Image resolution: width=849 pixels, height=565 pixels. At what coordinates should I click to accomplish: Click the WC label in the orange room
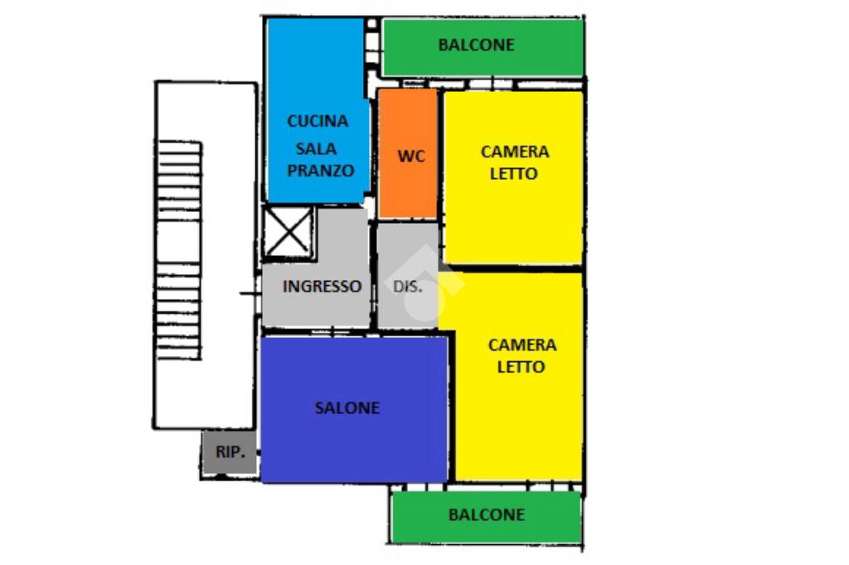pos(411,156)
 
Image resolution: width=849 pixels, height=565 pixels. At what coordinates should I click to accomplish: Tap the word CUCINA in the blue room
pos(318,121)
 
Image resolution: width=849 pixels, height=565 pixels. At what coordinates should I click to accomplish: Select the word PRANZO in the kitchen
pos(321,171)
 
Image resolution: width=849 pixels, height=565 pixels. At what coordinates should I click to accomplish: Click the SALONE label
pos(347,408)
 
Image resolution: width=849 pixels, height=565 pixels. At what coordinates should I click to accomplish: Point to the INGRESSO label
pos(322,287)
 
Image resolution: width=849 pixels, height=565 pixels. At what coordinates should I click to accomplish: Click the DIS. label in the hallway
pos(407,287)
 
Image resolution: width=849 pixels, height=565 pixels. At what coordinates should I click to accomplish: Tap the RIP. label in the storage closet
pos(230,452)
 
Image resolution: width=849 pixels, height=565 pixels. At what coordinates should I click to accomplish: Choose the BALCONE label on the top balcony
pos(476,45)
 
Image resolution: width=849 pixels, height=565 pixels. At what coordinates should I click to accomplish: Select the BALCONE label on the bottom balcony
pos(486,514)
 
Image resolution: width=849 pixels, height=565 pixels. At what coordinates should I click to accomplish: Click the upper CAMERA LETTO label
pos(514,162)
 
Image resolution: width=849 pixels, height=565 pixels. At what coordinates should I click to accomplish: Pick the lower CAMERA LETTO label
pos(522,355)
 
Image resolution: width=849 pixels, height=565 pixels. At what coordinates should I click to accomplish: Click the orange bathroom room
pos(408,186)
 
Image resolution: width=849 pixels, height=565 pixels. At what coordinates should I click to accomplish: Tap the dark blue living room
pos(355,447)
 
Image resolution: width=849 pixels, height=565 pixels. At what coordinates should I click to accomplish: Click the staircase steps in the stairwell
pos(178,249)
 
